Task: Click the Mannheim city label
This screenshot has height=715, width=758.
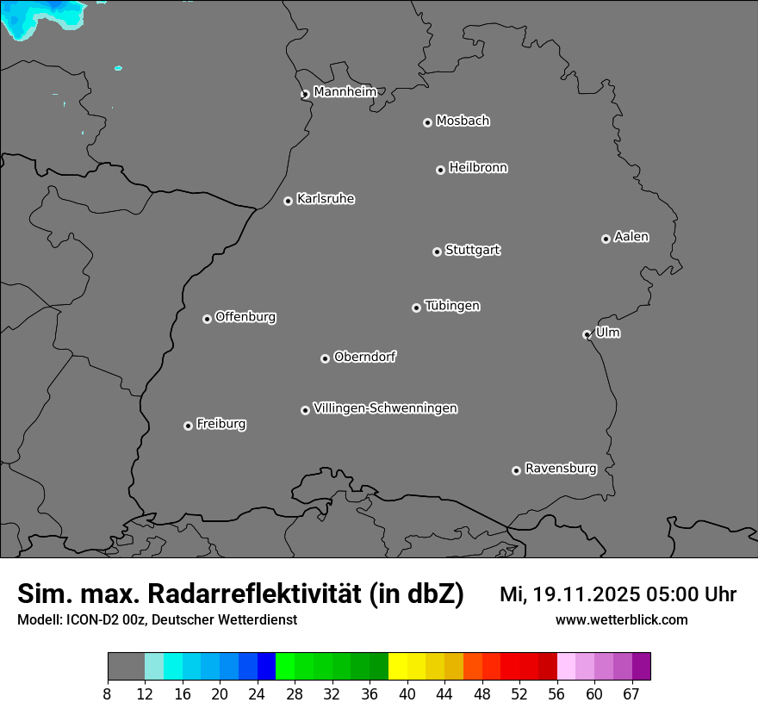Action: point(345,91)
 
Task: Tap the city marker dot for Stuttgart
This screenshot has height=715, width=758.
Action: point(437,252)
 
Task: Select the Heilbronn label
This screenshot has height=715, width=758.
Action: point(478,167)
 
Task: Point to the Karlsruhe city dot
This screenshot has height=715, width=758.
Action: point(288,201)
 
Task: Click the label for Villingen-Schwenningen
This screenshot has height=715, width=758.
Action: point(385,407)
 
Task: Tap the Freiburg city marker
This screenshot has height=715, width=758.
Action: point(188,426)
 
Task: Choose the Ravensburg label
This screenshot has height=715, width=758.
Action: point(560,469)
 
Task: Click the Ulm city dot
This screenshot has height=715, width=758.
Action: point(587,334)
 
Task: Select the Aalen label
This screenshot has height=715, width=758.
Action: point(631,236)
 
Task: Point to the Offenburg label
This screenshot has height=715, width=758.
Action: point(245,316)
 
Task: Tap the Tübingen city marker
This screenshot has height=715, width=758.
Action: point(416,308)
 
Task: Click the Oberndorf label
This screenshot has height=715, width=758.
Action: point(364,357)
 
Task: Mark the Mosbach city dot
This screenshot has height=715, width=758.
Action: point(427,122)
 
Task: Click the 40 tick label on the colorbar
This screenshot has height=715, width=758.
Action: point(407,694)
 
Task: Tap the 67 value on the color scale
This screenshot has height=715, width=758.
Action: point(631,694)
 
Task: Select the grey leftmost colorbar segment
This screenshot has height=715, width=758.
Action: point(126,667)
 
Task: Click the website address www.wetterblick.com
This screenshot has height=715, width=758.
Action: point(621,620)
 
